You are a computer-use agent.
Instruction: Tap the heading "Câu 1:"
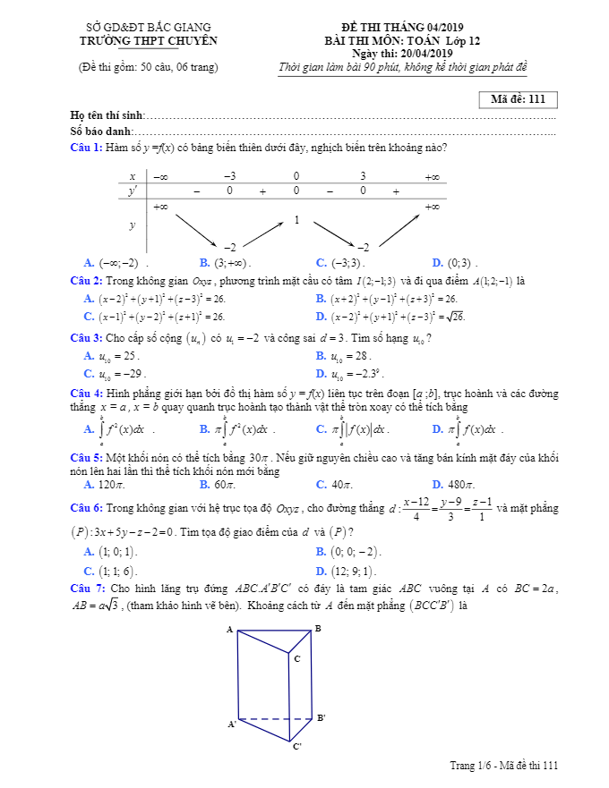86,148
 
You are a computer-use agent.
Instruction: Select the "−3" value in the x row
229,177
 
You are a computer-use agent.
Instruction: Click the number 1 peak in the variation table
296,219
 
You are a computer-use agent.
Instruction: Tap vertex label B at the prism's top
318,629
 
